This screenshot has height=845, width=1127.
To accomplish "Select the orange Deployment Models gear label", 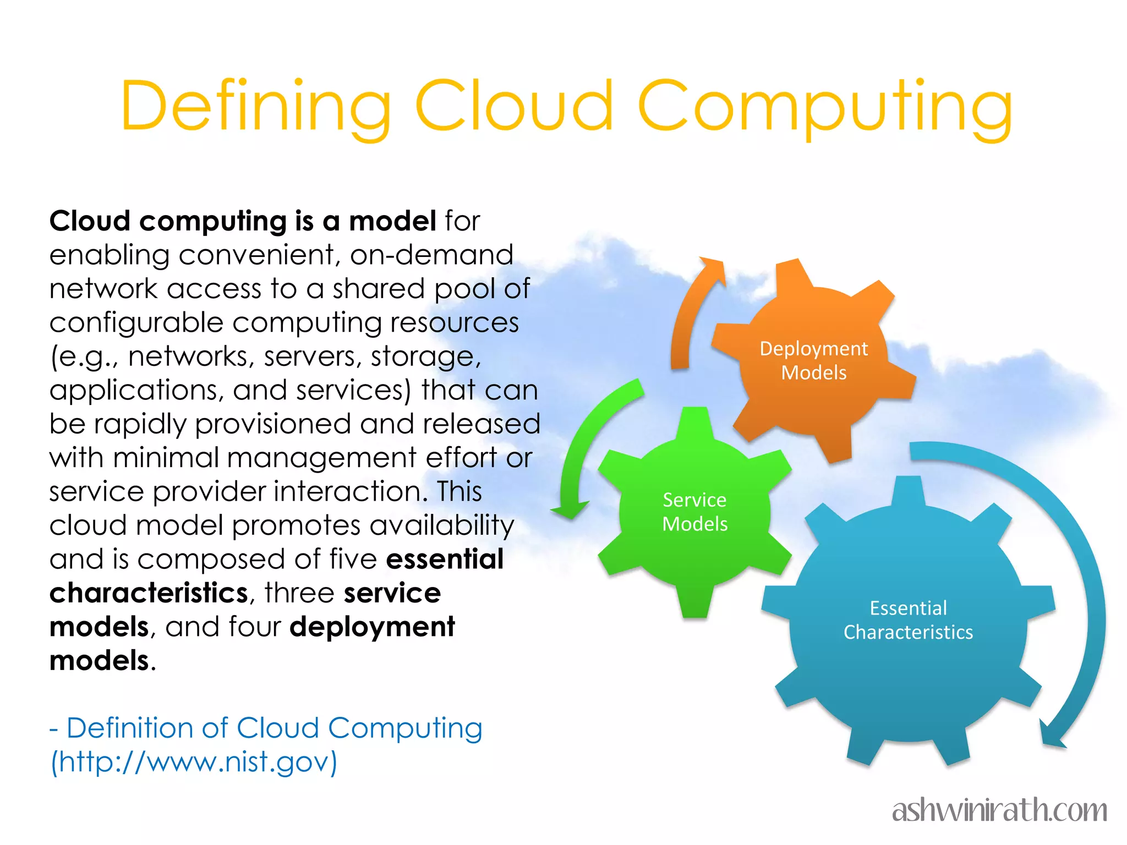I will [x=813, y=361].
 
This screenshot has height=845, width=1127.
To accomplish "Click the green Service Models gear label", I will [x=694, y=512].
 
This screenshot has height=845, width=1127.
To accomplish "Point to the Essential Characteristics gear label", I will [x=908, y=620].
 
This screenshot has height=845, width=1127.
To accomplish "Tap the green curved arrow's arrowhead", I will [x=570, y=509].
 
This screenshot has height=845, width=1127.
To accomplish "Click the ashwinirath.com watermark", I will [x=999, y=810].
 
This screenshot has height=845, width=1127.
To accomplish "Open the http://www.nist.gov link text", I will [x=194, y=762].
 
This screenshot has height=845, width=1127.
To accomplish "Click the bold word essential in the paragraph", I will [x=445, y=559].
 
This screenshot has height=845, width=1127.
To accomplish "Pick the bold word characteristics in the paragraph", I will [x=149, y=593].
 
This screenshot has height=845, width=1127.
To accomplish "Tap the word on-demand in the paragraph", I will [x=431, y=255].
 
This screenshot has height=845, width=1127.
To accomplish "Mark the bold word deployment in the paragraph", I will [x=373, y=627].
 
